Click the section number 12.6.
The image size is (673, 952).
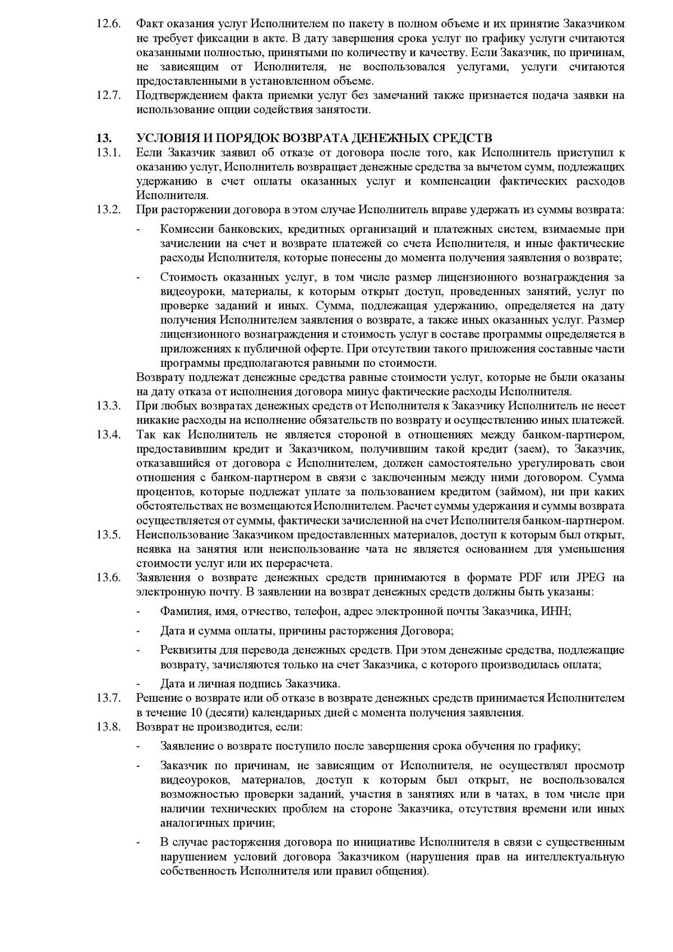(x=108, y=24)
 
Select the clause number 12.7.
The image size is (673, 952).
(x=108, y=95)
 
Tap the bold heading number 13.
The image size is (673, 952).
(x=104, y=138)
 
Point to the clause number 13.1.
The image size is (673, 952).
(x=108, y=153)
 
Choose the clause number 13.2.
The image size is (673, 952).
(x=108, y=210)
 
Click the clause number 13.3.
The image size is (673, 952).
(x=108, y=406)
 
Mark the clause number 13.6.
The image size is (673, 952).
(x=108, y=578)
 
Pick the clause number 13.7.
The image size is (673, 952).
(x=108, y=698)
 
